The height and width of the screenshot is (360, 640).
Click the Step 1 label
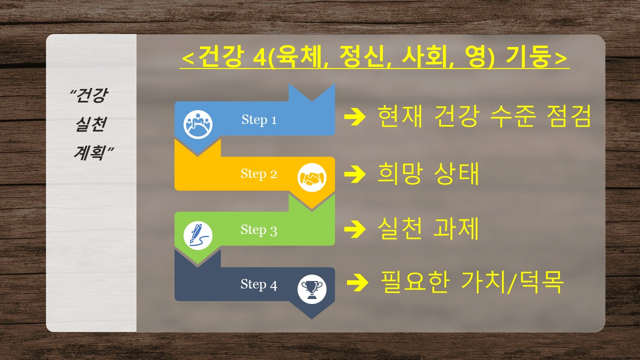[x=259, y=120]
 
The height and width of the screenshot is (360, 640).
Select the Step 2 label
[x=258, y=174]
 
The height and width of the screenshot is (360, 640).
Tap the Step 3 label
[x=258, y=230]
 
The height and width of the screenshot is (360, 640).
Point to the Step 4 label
[x=258, y=284]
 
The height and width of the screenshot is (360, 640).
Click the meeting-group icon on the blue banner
[x=197, y=124]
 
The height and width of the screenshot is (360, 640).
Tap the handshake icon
[x=311, y=177]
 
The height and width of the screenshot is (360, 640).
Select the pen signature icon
[x=197, y=235]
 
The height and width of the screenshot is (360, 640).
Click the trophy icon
[x=311, y=289]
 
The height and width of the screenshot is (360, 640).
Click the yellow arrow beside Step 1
[x=355, y=116]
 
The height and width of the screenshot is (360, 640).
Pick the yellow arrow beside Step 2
[x=355, y=173]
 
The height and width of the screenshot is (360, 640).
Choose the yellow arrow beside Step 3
[x=355, y=229]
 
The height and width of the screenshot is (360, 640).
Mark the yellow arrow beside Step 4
[x=357, y=282]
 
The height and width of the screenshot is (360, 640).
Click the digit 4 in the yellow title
[x=259, y=57]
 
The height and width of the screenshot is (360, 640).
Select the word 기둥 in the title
[x=529, y=56]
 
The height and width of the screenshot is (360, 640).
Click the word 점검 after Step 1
[x=568, y=116]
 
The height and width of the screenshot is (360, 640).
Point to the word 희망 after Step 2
[x=399, y=173]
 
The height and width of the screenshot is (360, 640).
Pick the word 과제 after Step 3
[x=456, y=228]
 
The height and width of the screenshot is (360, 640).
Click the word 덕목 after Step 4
[x=540, y=282]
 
